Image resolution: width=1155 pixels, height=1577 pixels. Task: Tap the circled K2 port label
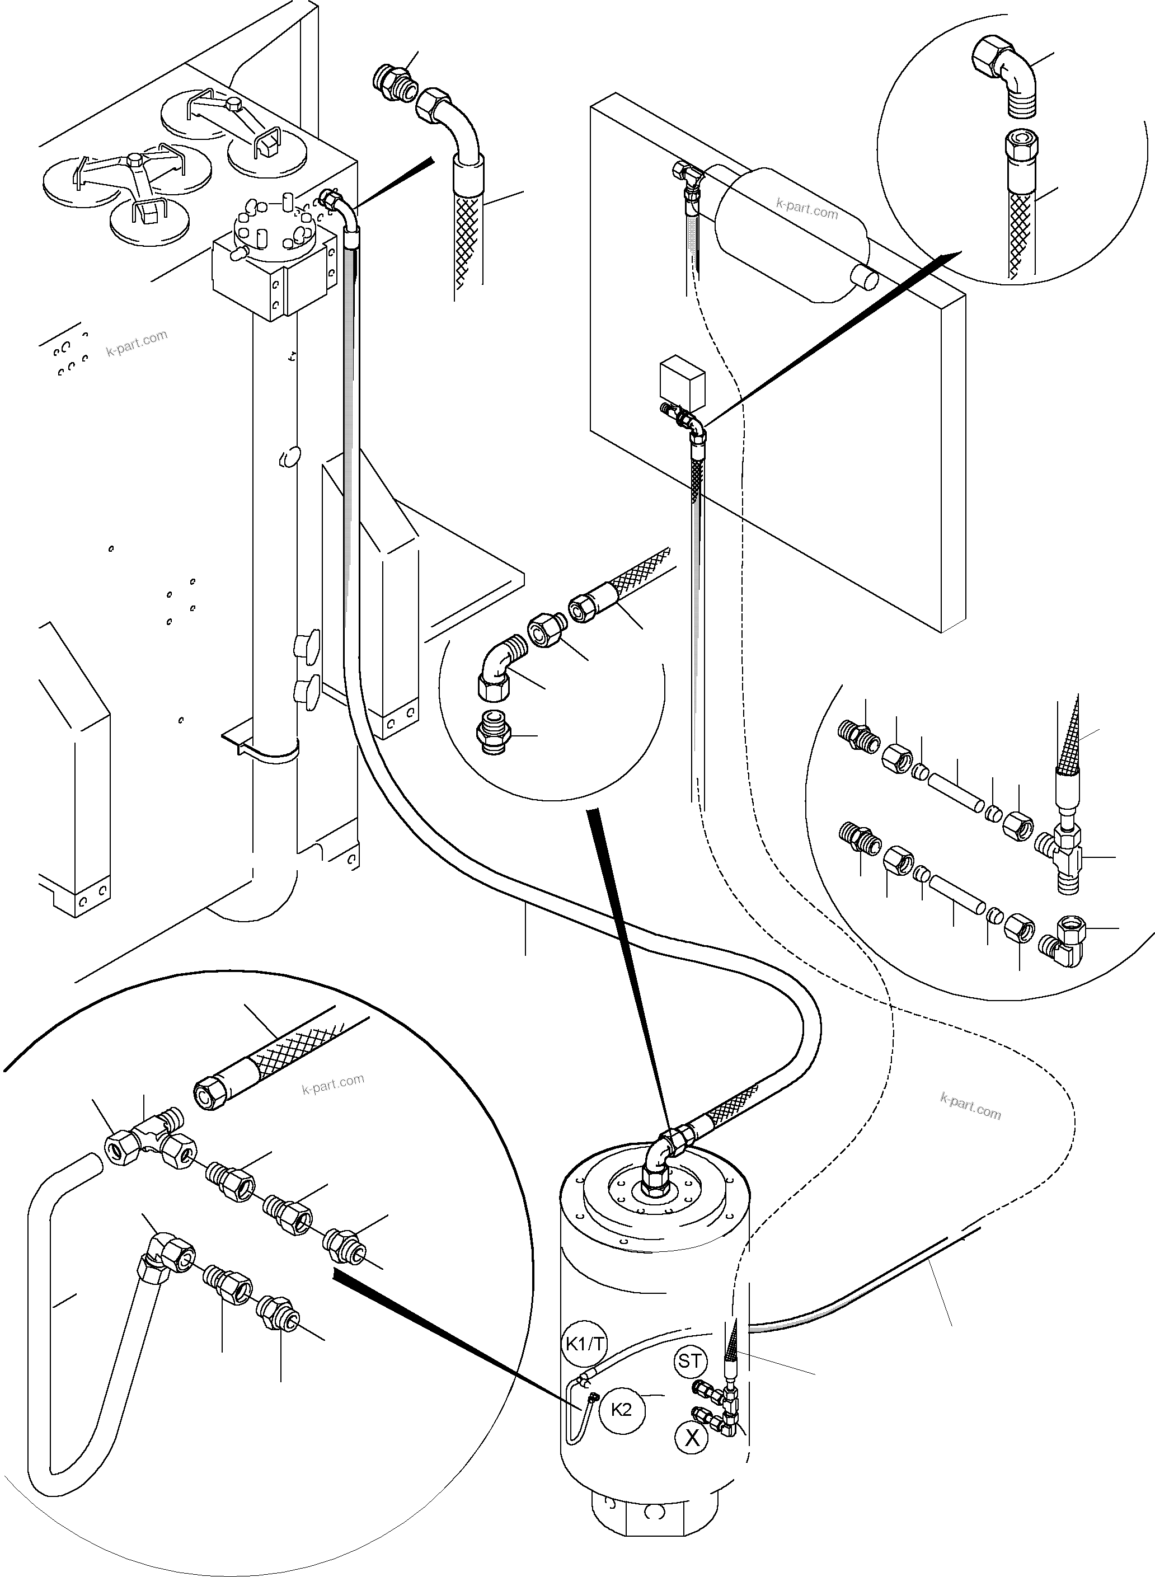point(622,1409)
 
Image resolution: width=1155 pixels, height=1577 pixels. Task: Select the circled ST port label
point(690,1361)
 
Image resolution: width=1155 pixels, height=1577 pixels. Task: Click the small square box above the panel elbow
point(682,381)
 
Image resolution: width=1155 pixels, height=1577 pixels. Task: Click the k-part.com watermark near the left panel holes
point(137,342)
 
